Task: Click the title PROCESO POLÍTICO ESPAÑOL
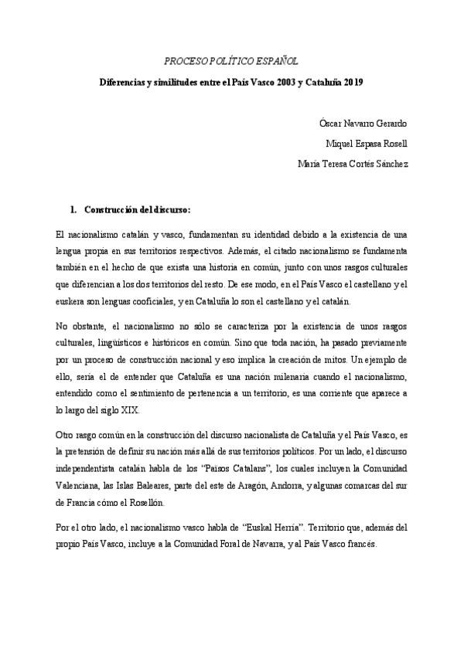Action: [233, 60]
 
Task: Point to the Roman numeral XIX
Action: [129, 410]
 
